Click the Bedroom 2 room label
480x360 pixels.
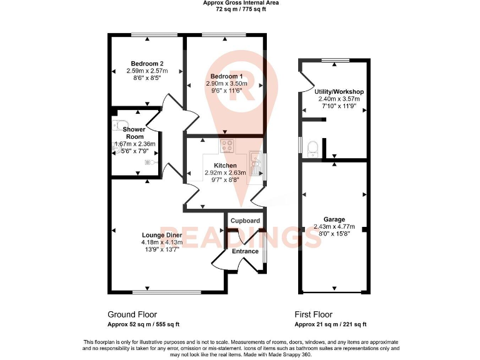(147, 63)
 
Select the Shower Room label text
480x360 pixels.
(134, 133)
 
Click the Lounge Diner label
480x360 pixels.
(162, 235)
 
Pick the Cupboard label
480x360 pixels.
(245, 221)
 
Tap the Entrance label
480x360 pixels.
(245, 251)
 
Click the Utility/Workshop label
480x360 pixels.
(339, 92)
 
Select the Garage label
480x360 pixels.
(334, 219)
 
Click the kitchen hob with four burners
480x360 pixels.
(227, 147)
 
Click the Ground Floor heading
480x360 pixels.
(132, 314)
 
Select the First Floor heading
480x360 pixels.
(314, 314)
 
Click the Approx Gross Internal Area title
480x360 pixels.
(241, 3)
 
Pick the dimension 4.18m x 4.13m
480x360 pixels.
(162, 242)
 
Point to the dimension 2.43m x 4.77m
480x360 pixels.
(334, 227)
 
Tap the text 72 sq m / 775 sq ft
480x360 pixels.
(241, 10)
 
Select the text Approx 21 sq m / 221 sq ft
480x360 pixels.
(331, 324)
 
